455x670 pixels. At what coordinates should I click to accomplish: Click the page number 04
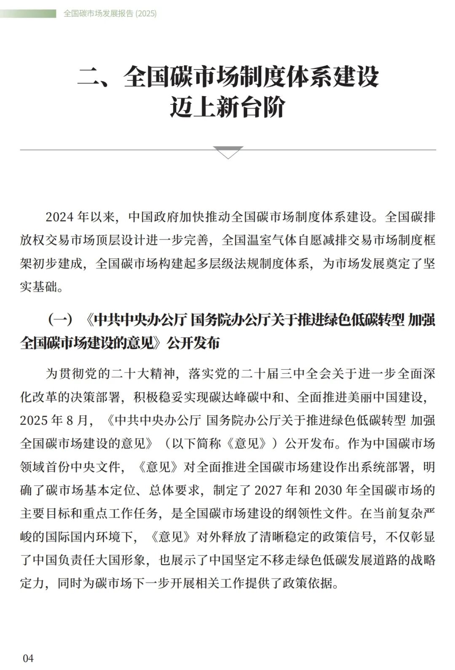(28, 658)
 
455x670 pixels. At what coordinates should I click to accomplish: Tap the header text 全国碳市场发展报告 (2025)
(110, 13)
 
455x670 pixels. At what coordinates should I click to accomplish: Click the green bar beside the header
(28, 14)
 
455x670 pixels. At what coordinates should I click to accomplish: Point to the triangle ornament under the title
(228, 152)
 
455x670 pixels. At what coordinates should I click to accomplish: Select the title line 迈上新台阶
(227, 107)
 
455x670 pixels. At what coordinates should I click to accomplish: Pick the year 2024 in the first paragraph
(60, 217)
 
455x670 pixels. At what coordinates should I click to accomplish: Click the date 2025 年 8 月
(55, 420)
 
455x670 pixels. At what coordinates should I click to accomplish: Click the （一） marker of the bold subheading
(60, 320)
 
